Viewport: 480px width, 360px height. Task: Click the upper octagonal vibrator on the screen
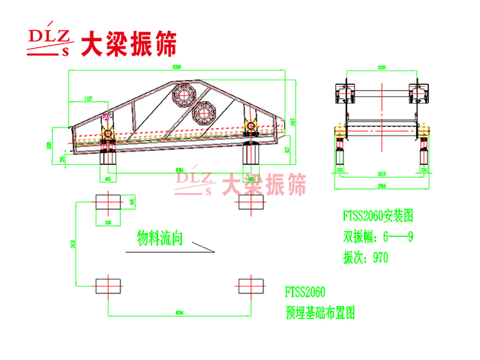(184, 94)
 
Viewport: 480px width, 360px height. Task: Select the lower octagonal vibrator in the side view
(202, 112)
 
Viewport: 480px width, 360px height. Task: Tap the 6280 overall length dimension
(177, 68)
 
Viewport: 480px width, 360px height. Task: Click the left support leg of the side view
(106, 155)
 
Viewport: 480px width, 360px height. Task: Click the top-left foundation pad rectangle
(108, 203)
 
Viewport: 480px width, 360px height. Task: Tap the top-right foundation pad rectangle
(250, 203)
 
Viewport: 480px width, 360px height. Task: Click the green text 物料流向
(160, 239)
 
